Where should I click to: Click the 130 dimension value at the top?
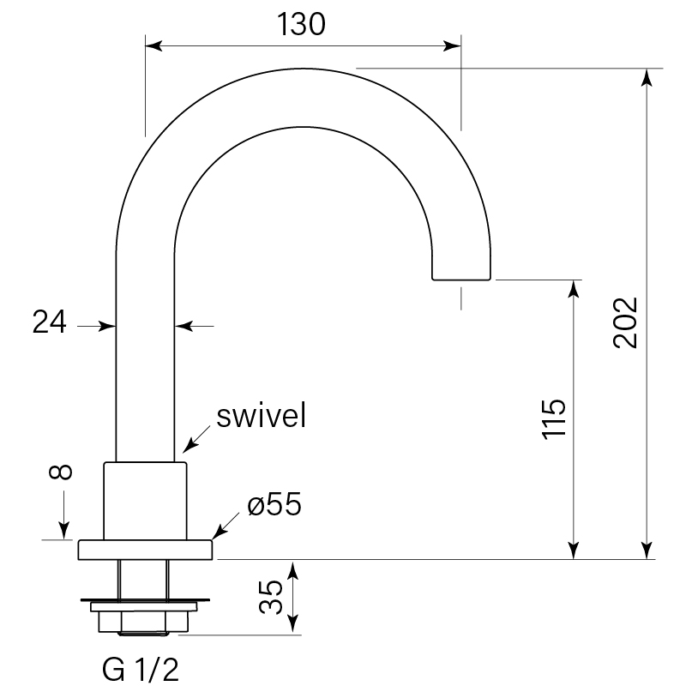coord(303,25)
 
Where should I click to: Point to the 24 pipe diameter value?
coord(50,322)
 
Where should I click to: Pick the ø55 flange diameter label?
coord(274,505)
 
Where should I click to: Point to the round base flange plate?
coord(145,550)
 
